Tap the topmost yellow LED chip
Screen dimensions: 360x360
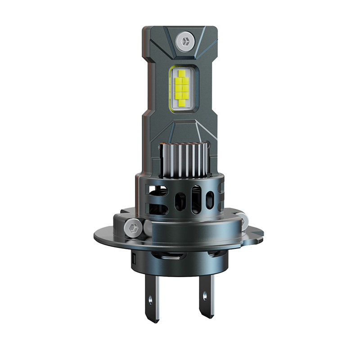[182, 73]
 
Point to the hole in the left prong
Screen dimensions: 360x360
[150, 297]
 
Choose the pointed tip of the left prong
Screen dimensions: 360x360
[153, 320]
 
